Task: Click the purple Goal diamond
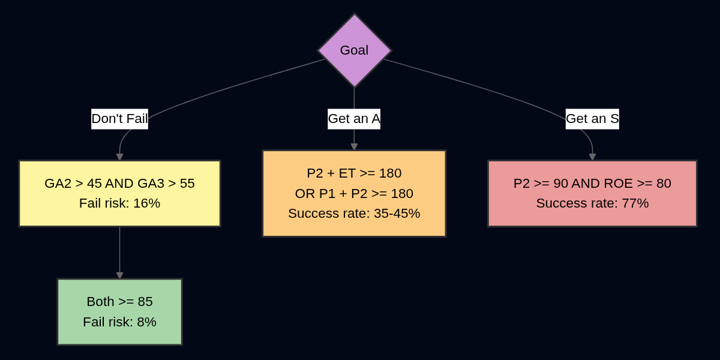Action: click(354, 50)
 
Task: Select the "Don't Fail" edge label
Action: click(119, 119)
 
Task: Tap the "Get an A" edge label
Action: click(354, 119)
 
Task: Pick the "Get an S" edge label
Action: click(592, 119)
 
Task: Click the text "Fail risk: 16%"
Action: click(119, 203)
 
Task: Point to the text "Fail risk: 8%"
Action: click(119, 322)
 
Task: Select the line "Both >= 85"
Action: click(119, 302)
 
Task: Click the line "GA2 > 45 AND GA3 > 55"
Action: click(119, 184)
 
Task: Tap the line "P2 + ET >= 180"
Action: click(354, 173)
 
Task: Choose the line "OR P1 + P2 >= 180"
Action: click(354, 194)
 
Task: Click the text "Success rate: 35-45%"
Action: click(354, 214)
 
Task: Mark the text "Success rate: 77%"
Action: click(592, 203)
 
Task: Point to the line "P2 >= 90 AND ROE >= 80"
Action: click(592, 184)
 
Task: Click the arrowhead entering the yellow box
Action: click(119, 157)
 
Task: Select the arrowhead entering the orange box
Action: click(354, 147)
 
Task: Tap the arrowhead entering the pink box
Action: click(592, 157)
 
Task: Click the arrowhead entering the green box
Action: click(119, 275)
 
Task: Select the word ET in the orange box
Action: click(347, 173)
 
